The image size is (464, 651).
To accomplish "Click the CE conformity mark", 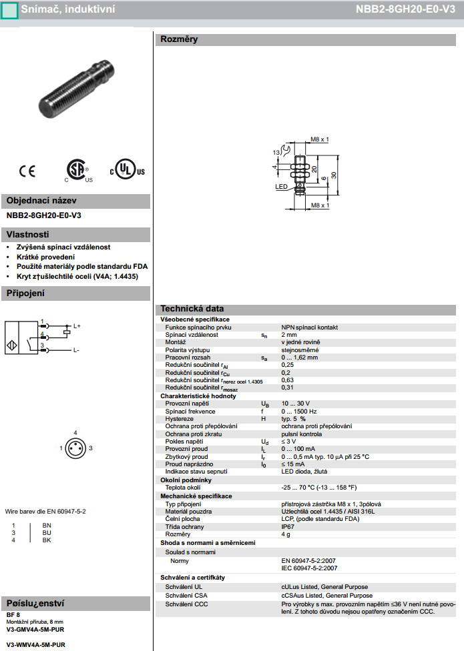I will coord(27,171).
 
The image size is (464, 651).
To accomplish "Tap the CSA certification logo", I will coord(79,171).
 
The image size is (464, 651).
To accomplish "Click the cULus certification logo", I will coord(127,170).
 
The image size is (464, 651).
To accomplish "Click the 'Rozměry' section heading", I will coord(179,39).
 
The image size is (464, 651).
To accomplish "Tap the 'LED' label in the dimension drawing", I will coord(281,187).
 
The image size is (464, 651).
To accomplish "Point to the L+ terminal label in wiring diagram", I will coord(77,325).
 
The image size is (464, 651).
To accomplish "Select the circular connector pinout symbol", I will coord(75,448).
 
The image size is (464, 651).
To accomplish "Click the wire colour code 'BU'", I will coord(47,533).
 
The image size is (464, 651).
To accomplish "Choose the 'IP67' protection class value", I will coord(288,526).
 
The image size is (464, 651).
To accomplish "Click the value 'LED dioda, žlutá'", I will coord(304,472).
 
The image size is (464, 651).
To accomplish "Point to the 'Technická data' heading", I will coord(192,309).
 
